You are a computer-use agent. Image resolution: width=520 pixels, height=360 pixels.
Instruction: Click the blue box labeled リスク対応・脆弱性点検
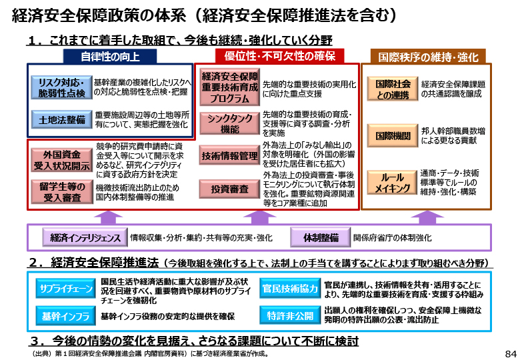point(61,87)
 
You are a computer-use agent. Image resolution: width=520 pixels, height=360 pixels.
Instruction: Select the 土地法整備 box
point(61,120)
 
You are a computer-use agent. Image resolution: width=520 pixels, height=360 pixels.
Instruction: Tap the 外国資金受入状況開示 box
point(62,160)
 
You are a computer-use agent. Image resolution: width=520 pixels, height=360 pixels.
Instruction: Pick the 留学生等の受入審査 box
point(62,192)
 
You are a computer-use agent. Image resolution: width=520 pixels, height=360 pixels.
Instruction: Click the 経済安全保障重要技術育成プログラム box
point(229,87)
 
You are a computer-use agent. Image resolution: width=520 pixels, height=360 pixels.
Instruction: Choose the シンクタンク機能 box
point(229,123)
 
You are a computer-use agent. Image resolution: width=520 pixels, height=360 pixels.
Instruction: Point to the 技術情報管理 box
point(229,155)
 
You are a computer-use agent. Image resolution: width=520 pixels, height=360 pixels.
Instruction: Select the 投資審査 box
point(229,189)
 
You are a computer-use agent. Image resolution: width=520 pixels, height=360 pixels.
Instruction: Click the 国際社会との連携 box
point(393,89)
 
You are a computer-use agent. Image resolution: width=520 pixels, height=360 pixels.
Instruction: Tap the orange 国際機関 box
point(393,135)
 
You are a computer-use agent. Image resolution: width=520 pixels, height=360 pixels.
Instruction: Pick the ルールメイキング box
point(392,182)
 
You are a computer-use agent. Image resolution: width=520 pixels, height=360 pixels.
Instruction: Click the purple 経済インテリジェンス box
point(85,237)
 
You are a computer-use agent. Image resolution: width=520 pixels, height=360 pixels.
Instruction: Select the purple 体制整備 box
point(321,237)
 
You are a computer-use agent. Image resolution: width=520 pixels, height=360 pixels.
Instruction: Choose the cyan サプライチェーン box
point(65,289)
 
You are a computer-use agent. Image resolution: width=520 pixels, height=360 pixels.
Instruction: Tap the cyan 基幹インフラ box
point(65,316)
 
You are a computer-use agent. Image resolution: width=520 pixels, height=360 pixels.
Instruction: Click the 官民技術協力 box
point(290,289)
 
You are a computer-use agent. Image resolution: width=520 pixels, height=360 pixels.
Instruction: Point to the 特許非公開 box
point(290,315)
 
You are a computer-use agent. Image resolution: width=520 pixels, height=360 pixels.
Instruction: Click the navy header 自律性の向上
point(110,57)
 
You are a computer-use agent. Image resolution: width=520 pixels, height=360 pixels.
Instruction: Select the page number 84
point(511,353)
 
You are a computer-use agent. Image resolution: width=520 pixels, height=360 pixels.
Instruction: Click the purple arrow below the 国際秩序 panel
point(427,217)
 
